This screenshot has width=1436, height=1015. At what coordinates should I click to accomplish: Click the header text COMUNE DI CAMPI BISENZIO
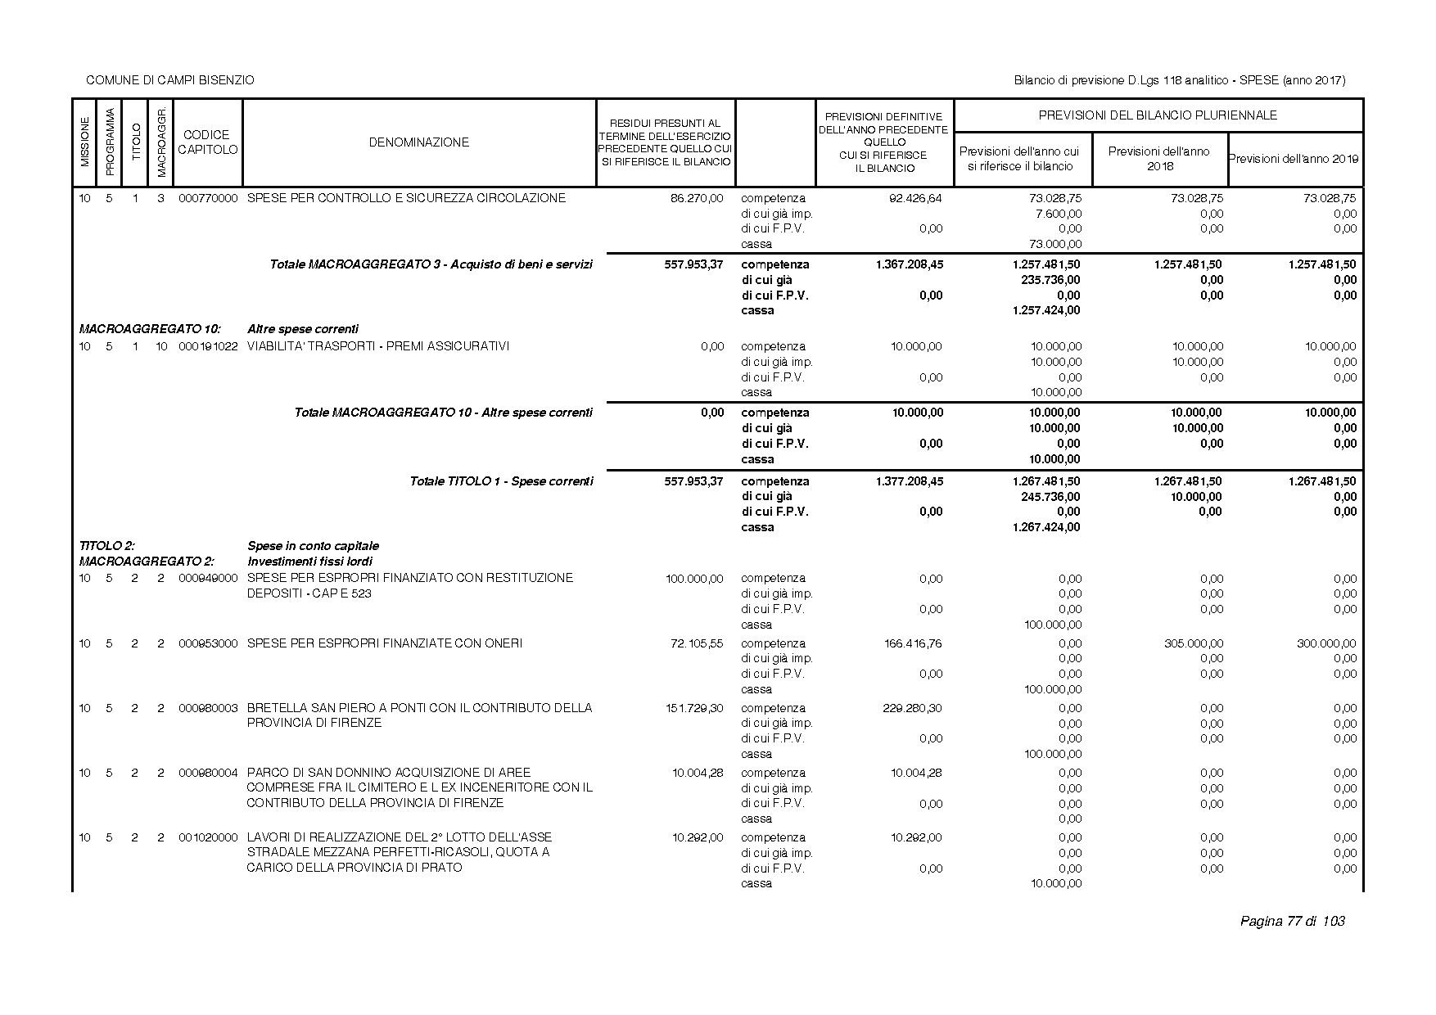pos(169,80)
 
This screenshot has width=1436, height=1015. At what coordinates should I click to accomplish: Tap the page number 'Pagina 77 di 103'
pos(1292,922)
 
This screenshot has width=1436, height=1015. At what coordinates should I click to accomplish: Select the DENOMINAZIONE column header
pos(418,142)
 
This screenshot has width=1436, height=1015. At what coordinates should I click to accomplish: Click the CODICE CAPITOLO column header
pos(207,142)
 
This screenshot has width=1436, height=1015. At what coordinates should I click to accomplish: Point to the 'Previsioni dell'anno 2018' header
pos(1158,159)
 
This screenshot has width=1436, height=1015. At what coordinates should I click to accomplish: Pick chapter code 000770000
pos(208,198)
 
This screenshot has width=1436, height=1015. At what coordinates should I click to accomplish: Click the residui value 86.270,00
pos(697,198)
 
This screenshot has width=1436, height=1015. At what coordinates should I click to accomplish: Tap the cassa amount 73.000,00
pos(1054,244)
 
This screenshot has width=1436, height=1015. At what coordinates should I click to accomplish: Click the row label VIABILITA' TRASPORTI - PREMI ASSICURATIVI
pos(377,346)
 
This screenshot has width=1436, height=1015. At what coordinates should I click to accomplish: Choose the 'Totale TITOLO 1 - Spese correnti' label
pos(501,481)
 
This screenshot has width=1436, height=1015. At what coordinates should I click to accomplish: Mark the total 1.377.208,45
pos(909,481)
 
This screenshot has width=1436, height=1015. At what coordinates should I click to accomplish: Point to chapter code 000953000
pos(208,643)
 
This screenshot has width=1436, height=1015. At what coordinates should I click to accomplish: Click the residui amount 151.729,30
pos(694,708)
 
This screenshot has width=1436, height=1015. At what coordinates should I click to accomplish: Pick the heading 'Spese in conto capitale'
pos(313,546)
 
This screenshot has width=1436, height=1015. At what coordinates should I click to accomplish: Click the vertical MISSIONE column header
pos(84,142)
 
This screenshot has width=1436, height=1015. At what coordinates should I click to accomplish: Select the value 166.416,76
pos(913,643)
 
